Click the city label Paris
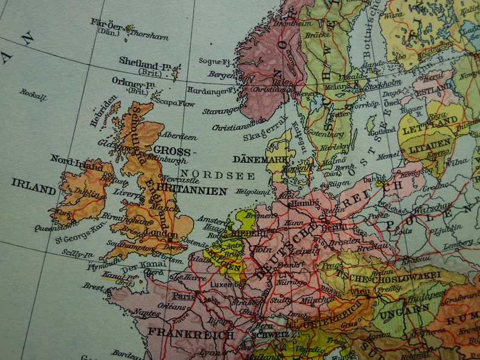coord(181,297)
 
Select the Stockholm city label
coord(381,82)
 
